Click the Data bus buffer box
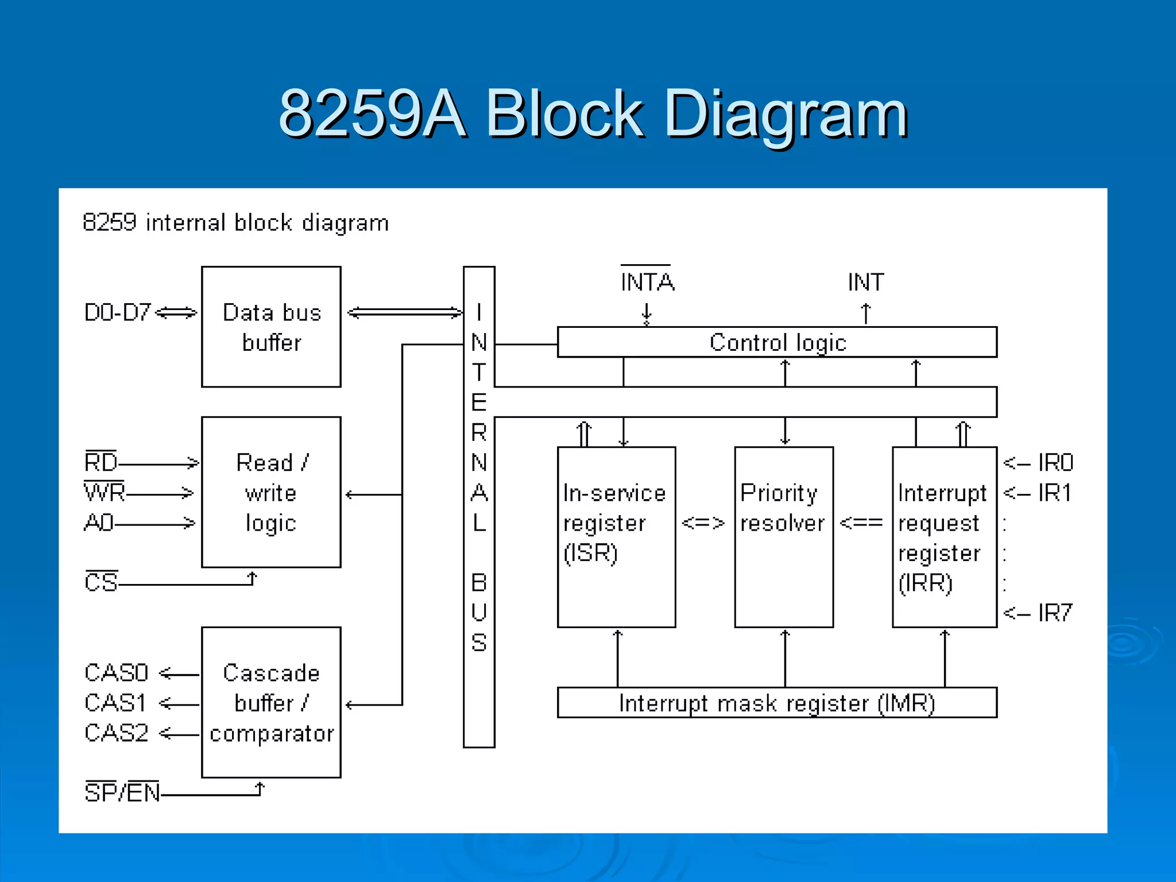point(271,327)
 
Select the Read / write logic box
point(271,492)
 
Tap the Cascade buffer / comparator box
point(271,702)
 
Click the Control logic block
point(777,342)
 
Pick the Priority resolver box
point(784,537)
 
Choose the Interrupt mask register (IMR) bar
point(777,703)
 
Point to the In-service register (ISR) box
point(616,537)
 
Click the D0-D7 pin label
point(117,312)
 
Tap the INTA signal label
point(647,282)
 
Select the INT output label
point(866,282)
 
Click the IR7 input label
point(1054,613)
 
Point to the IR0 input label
point(1055,462)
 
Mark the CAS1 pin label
point(115,703)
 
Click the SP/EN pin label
point(122,793)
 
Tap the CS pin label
point(101,582)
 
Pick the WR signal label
point(105,492)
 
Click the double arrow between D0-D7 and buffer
point(176,312)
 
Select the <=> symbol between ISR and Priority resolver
point(703,523)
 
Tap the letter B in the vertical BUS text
point(479,583)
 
